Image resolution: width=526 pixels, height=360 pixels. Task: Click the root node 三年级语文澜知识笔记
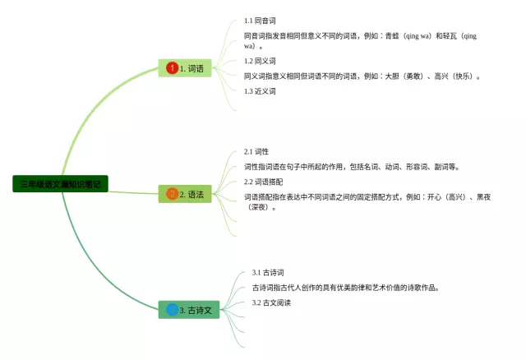click(61, 184)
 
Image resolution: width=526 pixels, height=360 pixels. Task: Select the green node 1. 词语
click(185, 68)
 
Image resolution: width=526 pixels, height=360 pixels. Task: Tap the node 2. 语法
click(185, 195)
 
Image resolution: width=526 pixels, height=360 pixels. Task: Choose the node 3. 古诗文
click(189, 310)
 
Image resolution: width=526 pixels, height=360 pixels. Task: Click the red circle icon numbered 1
click(172, 68)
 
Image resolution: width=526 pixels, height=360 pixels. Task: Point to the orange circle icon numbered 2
click(172, 195)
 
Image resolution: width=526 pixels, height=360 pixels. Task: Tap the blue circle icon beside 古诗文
click(172, 310)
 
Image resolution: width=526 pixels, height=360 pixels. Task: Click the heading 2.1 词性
click(256, 151)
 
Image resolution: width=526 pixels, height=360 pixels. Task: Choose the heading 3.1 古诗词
click(268, 272)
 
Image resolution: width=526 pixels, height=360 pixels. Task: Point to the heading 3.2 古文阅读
click(271, 302)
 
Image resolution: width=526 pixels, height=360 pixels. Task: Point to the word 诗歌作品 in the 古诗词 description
click(422, 288)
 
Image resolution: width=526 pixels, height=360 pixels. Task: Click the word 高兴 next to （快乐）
click(441, 76)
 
